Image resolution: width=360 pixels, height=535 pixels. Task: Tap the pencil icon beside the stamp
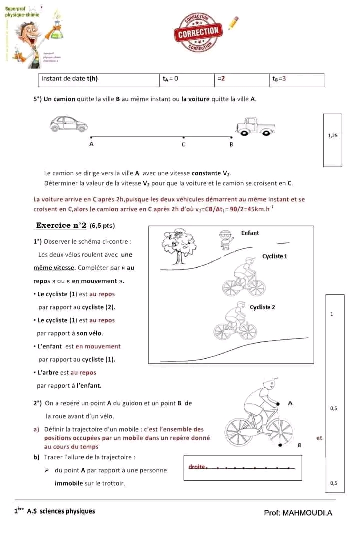click(x=233, y=23)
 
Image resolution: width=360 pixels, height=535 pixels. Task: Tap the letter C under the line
click(x=183, y=145)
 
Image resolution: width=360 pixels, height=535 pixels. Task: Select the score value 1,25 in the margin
click(x=332, y=135)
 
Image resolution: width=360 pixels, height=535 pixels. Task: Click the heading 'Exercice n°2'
click(x=62, y=225)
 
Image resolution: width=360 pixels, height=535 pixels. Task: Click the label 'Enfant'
click(x=250, y=233)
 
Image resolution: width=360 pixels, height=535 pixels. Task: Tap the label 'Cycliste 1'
click(x=275, y=256)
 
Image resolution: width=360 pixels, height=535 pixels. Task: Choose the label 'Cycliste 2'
click(x=262, y=307)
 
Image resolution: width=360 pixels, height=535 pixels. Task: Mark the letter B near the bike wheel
click(x=299, y=445)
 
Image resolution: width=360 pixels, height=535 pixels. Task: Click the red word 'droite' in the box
click(x=197, y=467)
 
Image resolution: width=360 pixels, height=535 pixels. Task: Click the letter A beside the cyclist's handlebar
click(x=290, y=402)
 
